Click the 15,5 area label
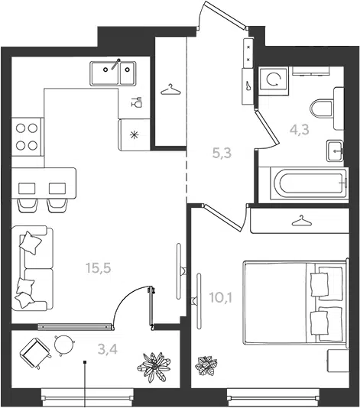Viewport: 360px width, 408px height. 99,267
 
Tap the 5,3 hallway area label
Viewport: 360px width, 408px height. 222,153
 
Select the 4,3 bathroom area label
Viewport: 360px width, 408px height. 300,129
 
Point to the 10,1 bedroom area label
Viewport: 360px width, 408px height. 221,298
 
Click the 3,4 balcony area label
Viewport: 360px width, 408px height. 108,349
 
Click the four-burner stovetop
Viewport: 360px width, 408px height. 27,137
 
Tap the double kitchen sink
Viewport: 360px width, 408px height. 113,73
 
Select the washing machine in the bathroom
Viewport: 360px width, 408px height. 274,80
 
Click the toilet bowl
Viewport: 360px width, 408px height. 323,108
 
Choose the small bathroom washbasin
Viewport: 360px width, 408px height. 335,151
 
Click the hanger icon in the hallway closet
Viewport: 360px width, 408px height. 170,89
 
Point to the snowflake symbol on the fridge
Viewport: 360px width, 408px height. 135,134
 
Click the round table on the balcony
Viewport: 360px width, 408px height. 64,344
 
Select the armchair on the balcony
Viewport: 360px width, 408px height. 35,353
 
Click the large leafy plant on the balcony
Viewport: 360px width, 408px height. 154,367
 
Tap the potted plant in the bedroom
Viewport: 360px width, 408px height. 206,366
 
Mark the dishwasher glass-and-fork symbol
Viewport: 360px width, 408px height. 136,102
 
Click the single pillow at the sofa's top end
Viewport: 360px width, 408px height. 31,242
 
